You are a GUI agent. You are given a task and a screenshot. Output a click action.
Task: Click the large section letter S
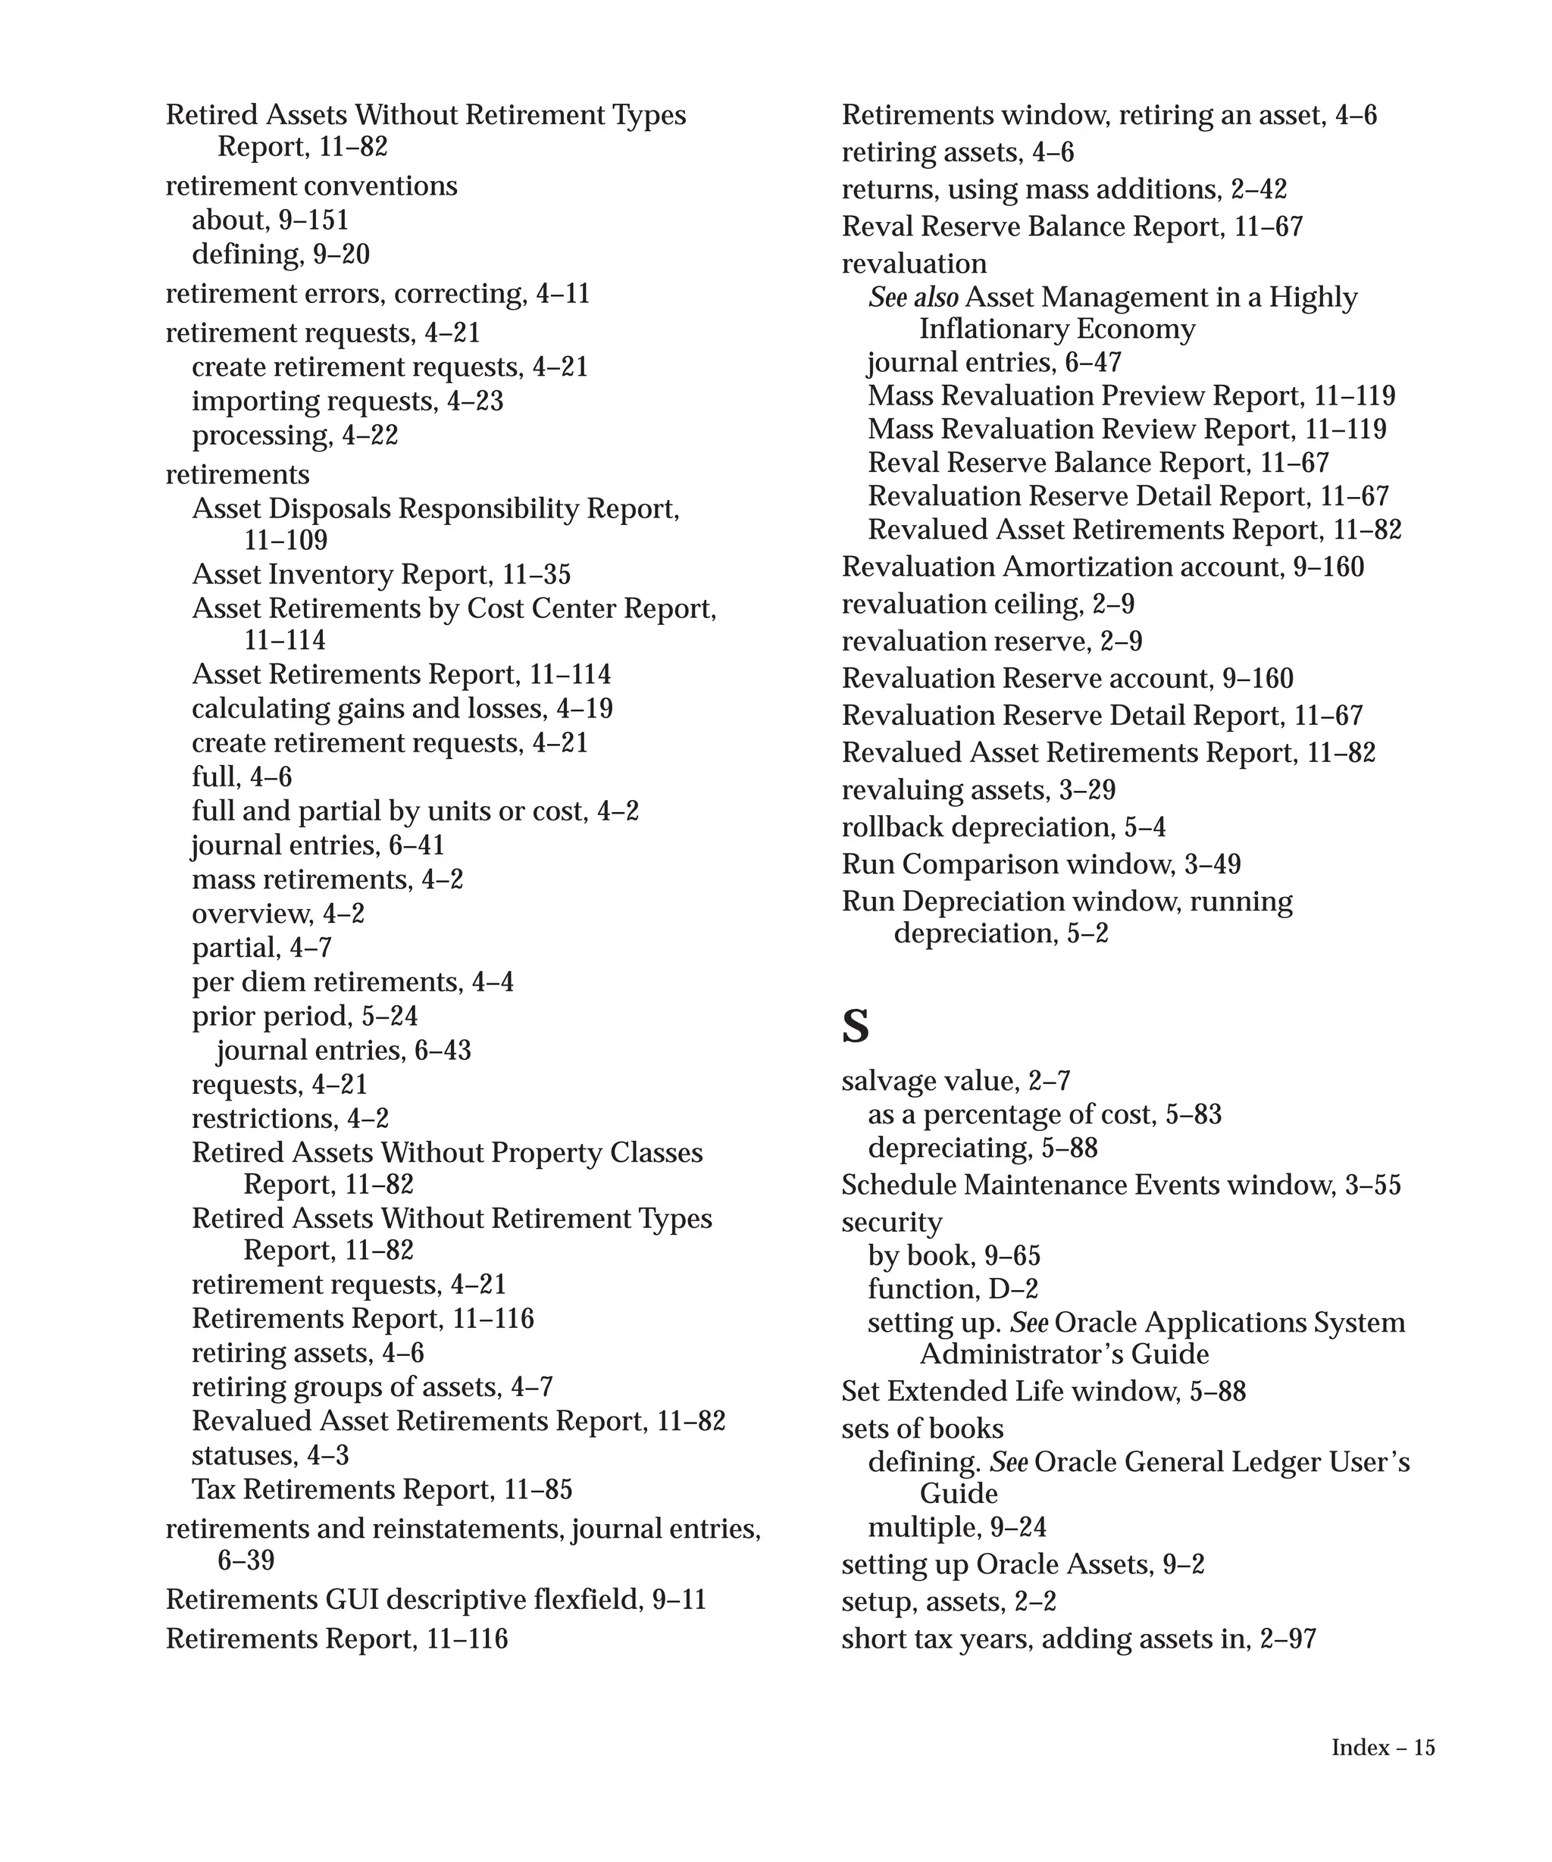point(855,1026)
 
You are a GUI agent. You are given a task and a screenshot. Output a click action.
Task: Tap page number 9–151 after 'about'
point(314,220)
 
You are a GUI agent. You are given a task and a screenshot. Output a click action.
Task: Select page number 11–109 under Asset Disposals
point(286,540)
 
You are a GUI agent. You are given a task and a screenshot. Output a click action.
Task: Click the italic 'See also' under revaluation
point(912,298)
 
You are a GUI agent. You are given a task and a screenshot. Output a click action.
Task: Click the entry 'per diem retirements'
point(327,983)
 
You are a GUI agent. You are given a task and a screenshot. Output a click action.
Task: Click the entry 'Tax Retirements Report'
point(343,1489)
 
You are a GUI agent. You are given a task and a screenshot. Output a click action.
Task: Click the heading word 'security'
point(891,1222)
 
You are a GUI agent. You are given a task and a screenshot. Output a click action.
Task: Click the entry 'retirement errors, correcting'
point(346,293)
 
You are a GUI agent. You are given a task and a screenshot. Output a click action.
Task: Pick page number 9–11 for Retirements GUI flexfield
point(678,1600)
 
